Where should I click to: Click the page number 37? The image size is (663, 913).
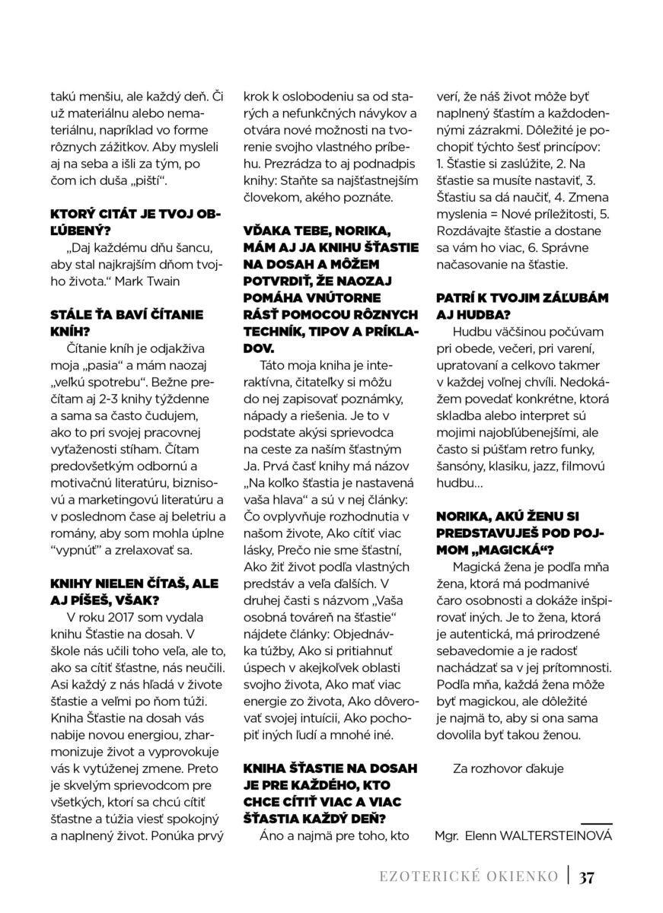(585, 876)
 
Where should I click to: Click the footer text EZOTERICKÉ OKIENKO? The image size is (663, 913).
(470, 876)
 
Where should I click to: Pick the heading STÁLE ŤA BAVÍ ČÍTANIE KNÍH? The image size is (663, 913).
(126, 323)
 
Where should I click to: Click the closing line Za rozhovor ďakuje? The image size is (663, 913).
(507, 768)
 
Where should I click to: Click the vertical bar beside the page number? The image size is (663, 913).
(569, 876)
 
